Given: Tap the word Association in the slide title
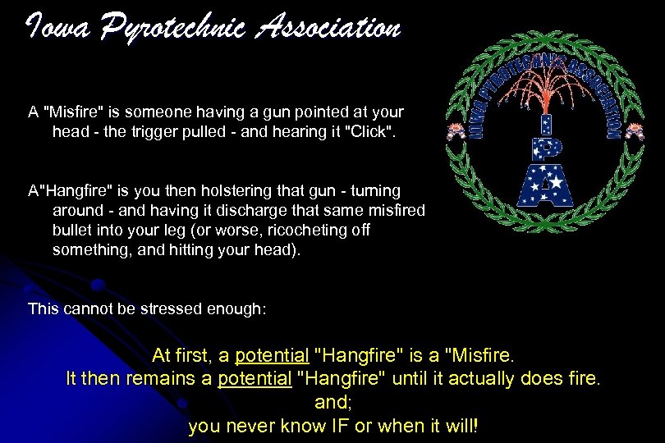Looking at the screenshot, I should pos(328,29).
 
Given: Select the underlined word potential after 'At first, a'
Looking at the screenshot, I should pos(272,357).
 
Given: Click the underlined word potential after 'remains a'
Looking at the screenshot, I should pos(254,380).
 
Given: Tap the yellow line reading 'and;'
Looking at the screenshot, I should pos(332,403).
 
